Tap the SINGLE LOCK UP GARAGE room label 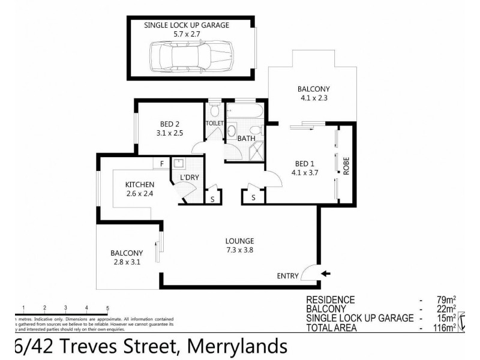pos(187,25)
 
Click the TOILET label pos(215,124)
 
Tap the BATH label pos(246,139)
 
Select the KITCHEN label pos(140,184)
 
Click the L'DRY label pos(190,178)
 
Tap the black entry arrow pos(325,274)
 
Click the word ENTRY pos(287,276)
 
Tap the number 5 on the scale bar pos(107,308)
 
